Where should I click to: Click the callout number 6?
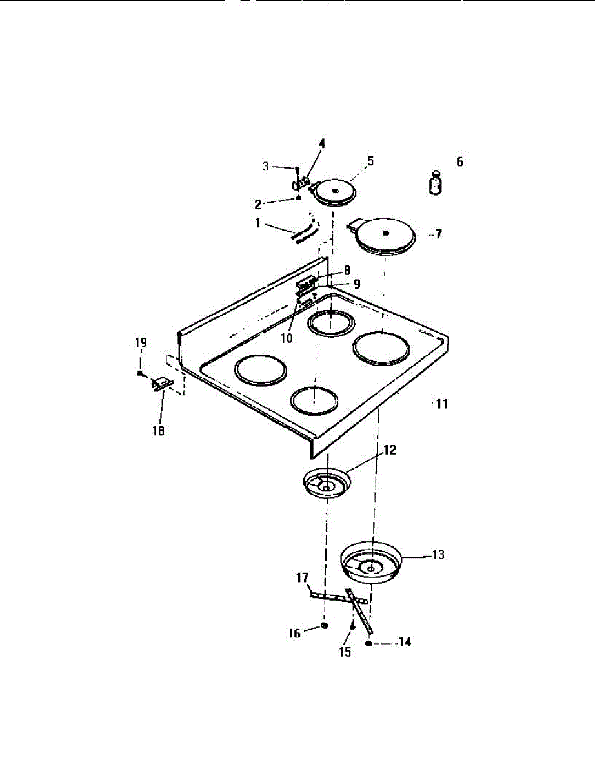(x=459, y=162)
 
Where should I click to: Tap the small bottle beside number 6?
(x=436, y=182)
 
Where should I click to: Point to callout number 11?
(x=441, y=404)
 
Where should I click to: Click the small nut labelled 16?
(x=323, y=626)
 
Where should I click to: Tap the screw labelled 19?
(x=139, y=373)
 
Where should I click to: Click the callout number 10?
(x=287, y=336)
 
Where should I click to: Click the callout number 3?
(x=265, y=167)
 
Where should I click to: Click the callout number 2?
(x=257, y=204)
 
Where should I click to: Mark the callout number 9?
(x=356, y=284)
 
